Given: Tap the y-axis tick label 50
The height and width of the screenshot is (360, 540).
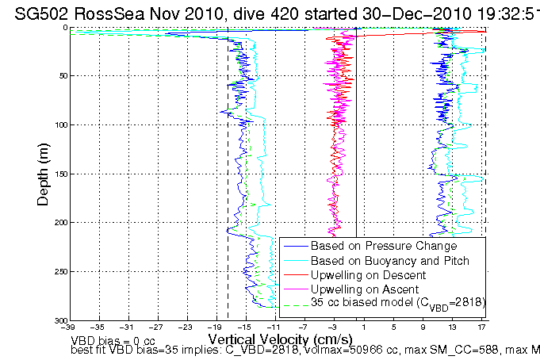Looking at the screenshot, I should click(x=59, y=76).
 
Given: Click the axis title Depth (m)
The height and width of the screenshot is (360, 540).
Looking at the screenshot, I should click(x=44, y=174).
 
